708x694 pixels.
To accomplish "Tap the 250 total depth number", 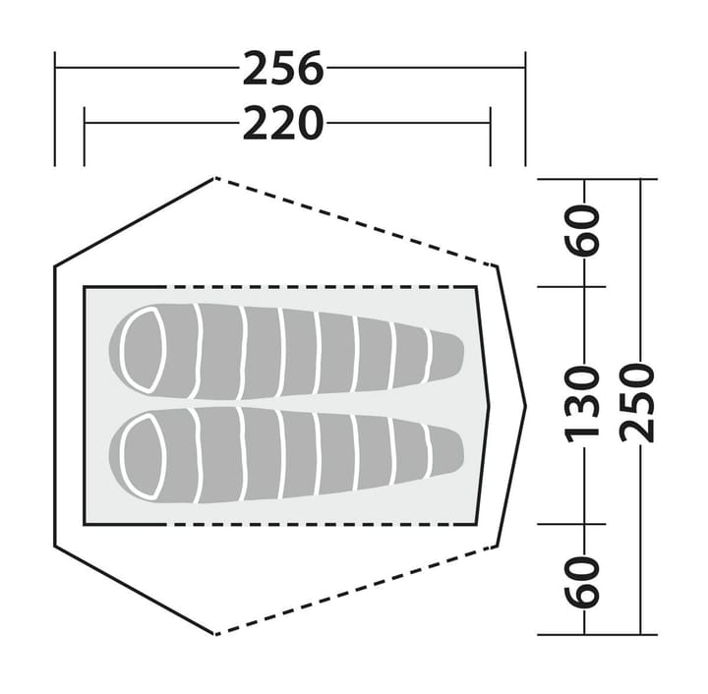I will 640,402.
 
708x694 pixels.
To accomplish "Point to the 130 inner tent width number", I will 585,402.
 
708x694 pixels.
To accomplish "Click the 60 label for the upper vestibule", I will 585,232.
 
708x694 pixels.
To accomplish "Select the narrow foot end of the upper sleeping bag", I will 447,356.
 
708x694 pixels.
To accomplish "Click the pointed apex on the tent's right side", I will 525,404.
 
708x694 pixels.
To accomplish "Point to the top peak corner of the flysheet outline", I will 214,178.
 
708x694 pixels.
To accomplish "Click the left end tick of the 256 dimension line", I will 55,68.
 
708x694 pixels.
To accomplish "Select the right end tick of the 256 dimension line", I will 525,68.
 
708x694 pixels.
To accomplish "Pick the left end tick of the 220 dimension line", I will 86,123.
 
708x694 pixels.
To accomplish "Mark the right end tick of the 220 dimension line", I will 490,123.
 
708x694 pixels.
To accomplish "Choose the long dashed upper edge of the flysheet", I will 354,221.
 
